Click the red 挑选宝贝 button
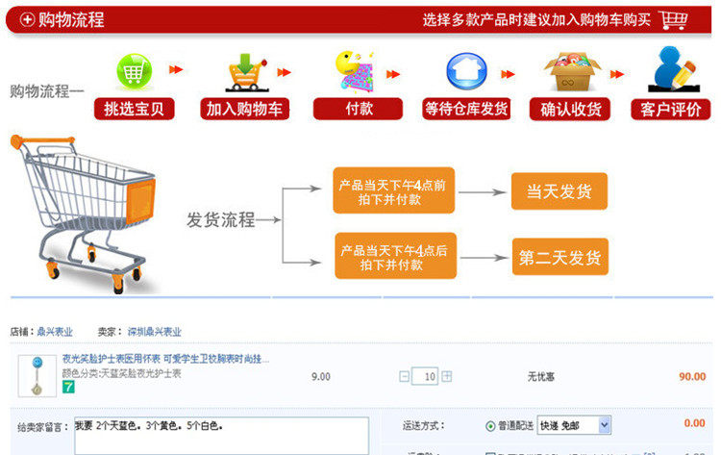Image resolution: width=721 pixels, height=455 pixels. click(x=135, y=109)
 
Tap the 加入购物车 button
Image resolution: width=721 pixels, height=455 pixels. click(x=245, y=109)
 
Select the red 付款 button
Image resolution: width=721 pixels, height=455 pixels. click(x=359, y=109)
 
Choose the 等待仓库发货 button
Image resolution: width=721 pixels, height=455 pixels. click(x=466, y=109)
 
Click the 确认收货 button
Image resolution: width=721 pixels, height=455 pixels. click(x=570, y=109)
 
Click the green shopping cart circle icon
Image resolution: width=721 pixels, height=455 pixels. click(x=135, y=71)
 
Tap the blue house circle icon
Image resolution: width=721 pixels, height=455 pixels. click(x=466, y=71)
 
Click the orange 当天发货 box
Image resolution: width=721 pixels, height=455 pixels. click(x=559, y=191)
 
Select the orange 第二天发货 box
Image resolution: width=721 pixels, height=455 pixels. click(x=559, y=257)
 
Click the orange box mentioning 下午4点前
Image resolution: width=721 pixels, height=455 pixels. click(x=392, y=191)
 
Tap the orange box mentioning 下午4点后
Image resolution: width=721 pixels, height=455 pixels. click(x=392, y=257)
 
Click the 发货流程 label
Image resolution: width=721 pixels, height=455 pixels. click(x=220, y=220)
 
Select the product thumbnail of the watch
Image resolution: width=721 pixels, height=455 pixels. click(x=37, y=376)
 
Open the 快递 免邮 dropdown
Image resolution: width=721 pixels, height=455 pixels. click(x=574, y=424)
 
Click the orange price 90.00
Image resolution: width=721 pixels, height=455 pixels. click(x=691, y=376)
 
